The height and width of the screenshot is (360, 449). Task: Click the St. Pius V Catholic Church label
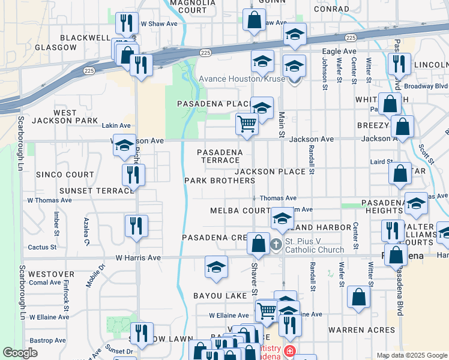coord(315,245)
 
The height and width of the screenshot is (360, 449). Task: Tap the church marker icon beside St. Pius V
coord(276,244)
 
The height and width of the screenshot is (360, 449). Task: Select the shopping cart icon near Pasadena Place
coord(247,124)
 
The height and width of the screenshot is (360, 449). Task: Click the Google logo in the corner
coord(20,353)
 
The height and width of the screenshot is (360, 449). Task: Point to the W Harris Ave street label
coord(138,257)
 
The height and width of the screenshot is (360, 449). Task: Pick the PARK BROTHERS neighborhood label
coord(219,181)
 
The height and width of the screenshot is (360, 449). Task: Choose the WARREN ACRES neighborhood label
coord(362,329)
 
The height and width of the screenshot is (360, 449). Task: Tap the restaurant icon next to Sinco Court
coord(133,174)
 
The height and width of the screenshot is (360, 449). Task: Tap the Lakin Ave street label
coord(116,125)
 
